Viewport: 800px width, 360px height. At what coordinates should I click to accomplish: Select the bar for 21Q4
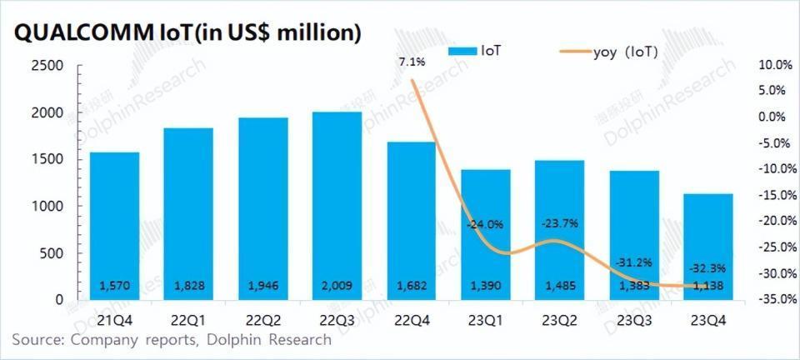[114, 225]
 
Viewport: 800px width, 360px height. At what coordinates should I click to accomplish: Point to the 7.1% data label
[412, 62]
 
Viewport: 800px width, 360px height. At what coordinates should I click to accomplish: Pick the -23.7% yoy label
[559, 223]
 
